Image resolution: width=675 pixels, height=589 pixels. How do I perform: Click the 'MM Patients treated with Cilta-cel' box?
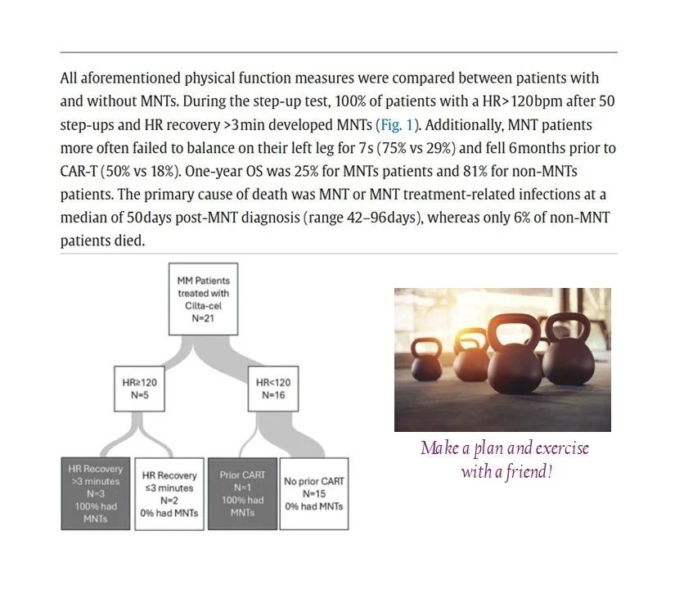[x=203, y=299]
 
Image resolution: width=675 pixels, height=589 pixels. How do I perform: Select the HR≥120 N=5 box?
[x=135, y=389]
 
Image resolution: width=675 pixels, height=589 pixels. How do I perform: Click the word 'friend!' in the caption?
[x=533, y=472]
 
